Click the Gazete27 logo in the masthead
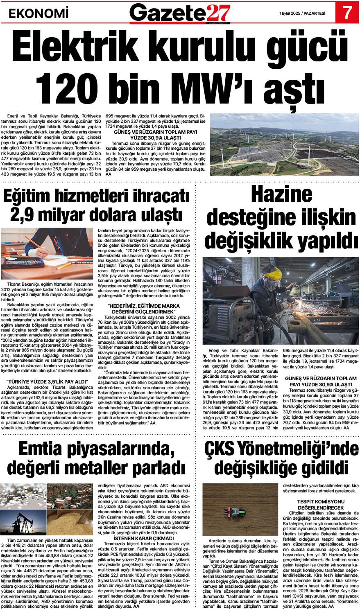(180, 12)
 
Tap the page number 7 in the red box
(346, 12)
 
